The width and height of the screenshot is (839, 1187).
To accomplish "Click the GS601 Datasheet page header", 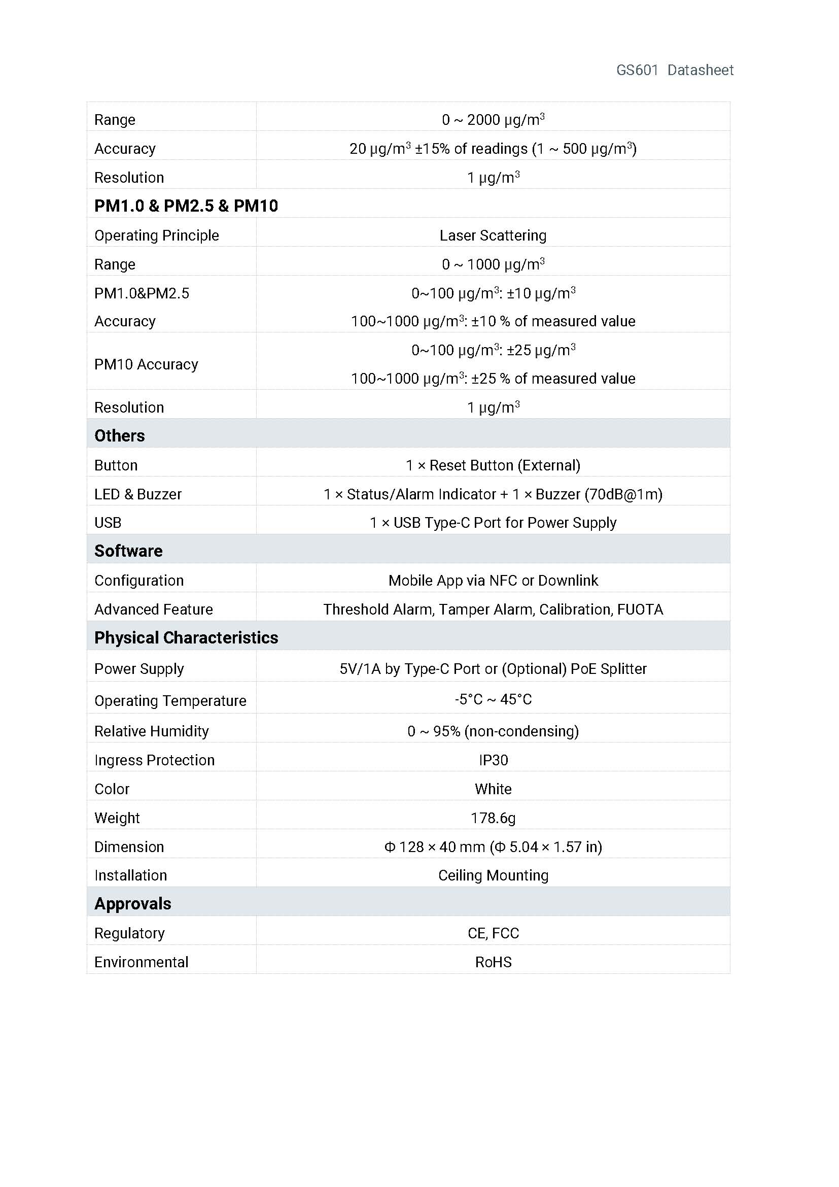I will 674,71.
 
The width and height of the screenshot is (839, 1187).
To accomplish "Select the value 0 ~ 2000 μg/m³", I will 493,120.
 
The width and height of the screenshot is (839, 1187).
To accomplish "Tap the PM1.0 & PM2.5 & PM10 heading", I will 186,206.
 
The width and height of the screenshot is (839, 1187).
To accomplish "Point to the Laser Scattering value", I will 493,236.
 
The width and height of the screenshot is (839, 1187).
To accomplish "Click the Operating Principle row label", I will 157,236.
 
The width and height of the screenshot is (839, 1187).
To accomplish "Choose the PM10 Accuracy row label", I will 146,364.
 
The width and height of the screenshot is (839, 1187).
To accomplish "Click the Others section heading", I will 119,436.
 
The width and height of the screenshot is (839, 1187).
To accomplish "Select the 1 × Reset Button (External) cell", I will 493,465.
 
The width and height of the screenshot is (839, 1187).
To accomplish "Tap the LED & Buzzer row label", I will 138,494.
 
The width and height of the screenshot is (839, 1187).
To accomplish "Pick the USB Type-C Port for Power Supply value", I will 493,523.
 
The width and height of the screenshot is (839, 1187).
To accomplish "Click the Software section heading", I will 128,551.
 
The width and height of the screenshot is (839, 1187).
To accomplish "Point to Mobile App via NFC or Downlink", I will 493,581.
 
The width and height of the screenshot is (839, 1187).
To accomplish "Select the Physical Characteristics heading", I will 186,638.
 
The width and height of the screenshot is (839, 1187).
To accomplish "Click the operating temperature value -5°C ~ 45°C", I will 493,699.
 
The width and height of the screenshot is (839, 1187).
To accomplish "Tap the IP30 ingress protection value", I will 493,760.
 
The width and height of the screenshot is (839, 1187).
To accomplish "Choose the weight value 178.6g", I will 493,818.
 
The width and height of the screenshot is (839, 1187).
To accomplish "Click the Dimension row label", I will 129,847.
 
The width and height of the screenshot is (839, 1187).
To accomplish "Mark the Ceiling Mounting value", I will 493,875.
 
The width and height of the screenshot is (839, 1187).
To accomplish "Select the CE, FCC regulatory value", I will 493,933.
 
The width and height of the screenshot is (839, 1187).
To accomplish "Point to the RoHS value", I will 493,962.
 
